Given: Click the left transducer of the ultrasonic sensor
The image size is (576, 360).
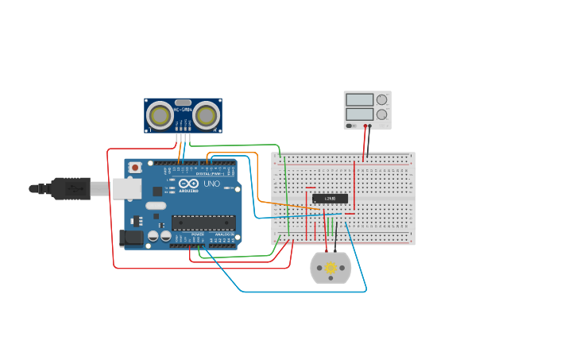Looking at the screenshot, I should (x=160, y=116).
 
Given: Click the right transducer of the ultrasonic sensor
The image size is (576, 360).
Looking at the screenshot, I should (x=206, y=116).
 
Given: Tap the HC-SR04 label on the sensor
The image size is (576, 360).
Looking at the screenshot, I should (x=183, y=110).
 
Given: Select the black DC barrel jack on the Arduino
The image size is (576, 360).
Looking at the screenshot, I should (x=131, y=237).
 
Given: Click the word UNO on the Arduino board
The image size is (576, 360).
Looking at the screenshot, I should (x=211, y=184).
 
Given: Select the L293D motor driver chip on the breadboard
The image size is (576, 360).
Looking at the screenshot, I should (x=330, y=198).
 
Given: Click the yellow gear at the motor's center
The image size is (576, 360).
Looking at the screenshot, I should (x=331, y=269).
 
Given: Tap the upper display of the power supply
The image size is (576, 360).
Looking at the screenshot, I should (x=359, y=100).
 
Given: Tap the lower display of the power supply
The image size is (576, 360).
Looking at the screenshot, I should (x=359, y=114).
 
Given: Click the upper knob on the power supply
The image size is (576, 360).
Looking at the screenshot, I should (x=382, y=100).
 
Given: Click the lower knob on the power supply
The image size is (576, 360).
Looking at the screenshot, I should (x=382, y=114).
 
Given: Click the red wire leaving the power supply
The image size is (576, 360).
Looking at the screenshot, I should (x=365, y=143).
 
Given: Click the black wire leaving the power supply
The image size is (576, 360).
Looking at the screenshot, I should (x=368, y=143).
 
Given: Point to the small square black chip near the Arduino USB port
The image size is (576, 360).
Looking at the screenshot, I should (x=157, y=191).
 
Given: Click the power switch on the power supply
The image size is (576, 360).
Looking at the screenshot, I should (x=350, y=126).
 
